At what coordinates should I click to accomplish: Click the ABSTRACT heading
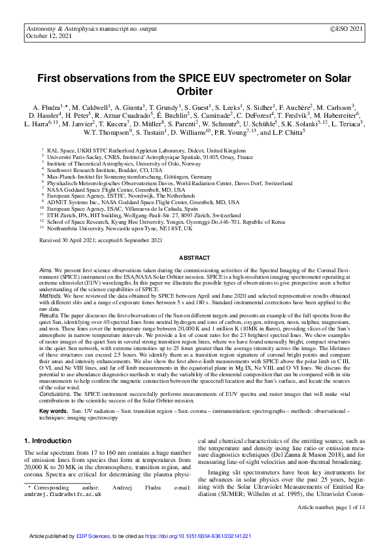194,258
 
